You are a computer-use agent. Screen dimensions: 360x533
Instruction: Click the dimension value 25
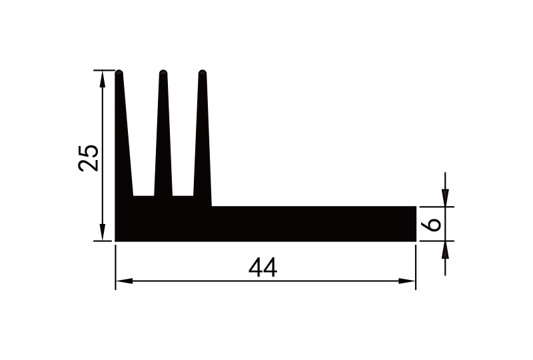tap(89, 157)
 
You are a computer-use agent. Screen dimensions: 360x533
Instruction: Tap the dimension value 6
tap(433, 224)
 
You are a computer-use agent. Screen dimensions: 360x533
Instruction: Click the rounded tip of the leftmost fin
tap(119, 73)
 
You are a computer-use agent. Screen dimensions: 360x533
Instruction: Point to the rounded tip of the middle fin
tap(163, 73)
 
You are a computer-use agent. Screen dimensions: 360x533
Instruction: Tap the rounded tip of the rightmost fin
tap(203, 73)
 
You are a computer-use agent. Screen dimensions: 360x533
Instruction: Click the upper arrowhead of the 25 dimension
tap(102, 77)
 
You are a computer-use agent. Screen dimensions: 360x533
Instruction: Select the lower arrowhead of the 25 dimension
tap(102, 233)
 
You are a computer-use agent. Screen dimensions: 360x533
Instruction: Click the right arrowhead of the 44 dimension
tap(408, 281)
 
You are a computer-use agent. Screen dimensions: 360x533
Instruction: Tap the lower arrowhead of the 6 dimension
tap(445, 249)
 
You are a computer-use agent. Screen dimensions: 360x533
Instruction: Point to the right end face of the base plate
tap(416, 224)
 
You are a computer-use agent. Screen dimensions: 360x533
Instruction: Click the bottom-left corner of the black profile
tap(116, 241)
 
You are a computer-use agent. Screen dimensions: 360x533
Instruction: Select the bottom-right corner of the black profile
tap(416, 241)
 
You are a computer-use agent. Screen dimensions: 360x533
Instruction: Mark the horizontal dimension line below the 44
tap(200, 281)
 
